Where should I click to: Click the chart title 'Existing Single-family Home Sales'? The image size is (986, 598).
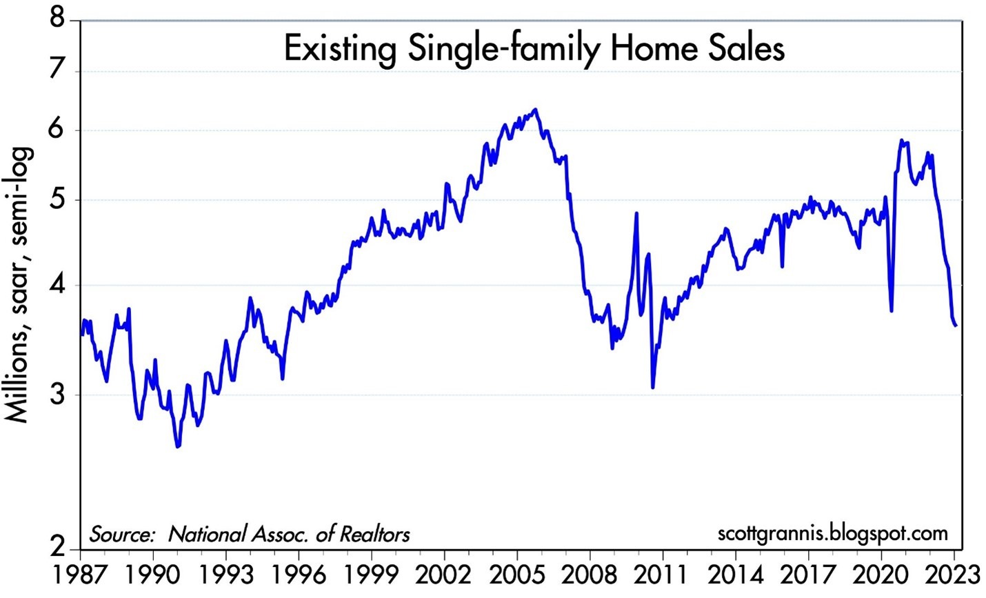(534, 50)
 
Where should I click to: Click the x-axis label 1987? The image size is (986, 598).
(81, 575)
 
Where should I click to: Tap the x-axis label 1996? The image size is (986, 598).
(299, 575)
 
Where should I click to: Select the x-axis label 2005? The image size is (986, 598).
(517, 575)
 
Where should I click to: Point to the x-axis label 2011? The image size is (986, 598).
(663, 575)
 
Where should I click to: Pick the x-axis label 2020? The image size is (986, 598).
(881, 575)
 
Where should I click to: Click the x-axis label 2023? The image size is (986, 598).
(954, 575)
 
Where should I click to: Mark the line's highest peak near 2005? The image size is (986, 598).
(536, 110)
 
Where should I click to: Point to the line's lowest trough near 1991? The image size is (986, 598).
(178, 447)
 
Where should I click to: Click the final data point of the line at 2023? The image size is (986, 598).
(956, 326)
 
